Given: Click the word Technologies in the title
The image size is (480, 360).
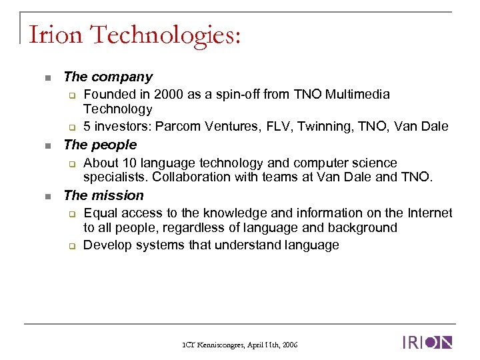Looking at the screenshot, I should point(163,34).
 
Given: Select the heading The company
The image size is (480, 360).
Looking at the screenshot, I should point(107,77).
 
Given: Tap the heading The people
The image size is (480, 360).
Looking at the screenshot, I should point(99,145).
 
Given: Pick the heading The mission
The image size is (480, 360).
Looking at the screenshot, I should point(103,195).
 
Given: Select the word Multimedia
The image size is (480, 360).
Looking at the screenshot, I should point(358,95).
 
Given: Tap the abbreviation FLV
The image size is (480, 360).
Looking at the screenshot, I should point(276,127).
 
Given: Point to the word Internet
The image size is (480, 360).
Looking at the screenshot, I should point(425,213).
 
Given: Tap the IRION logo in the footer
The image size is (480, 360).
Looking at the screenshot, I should point(427,343).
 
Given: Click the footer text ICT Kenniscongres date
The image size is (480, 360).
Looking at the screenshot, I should point(239,345).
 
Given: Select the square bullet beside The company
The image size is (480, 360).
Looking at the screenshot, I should point(47,79).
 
